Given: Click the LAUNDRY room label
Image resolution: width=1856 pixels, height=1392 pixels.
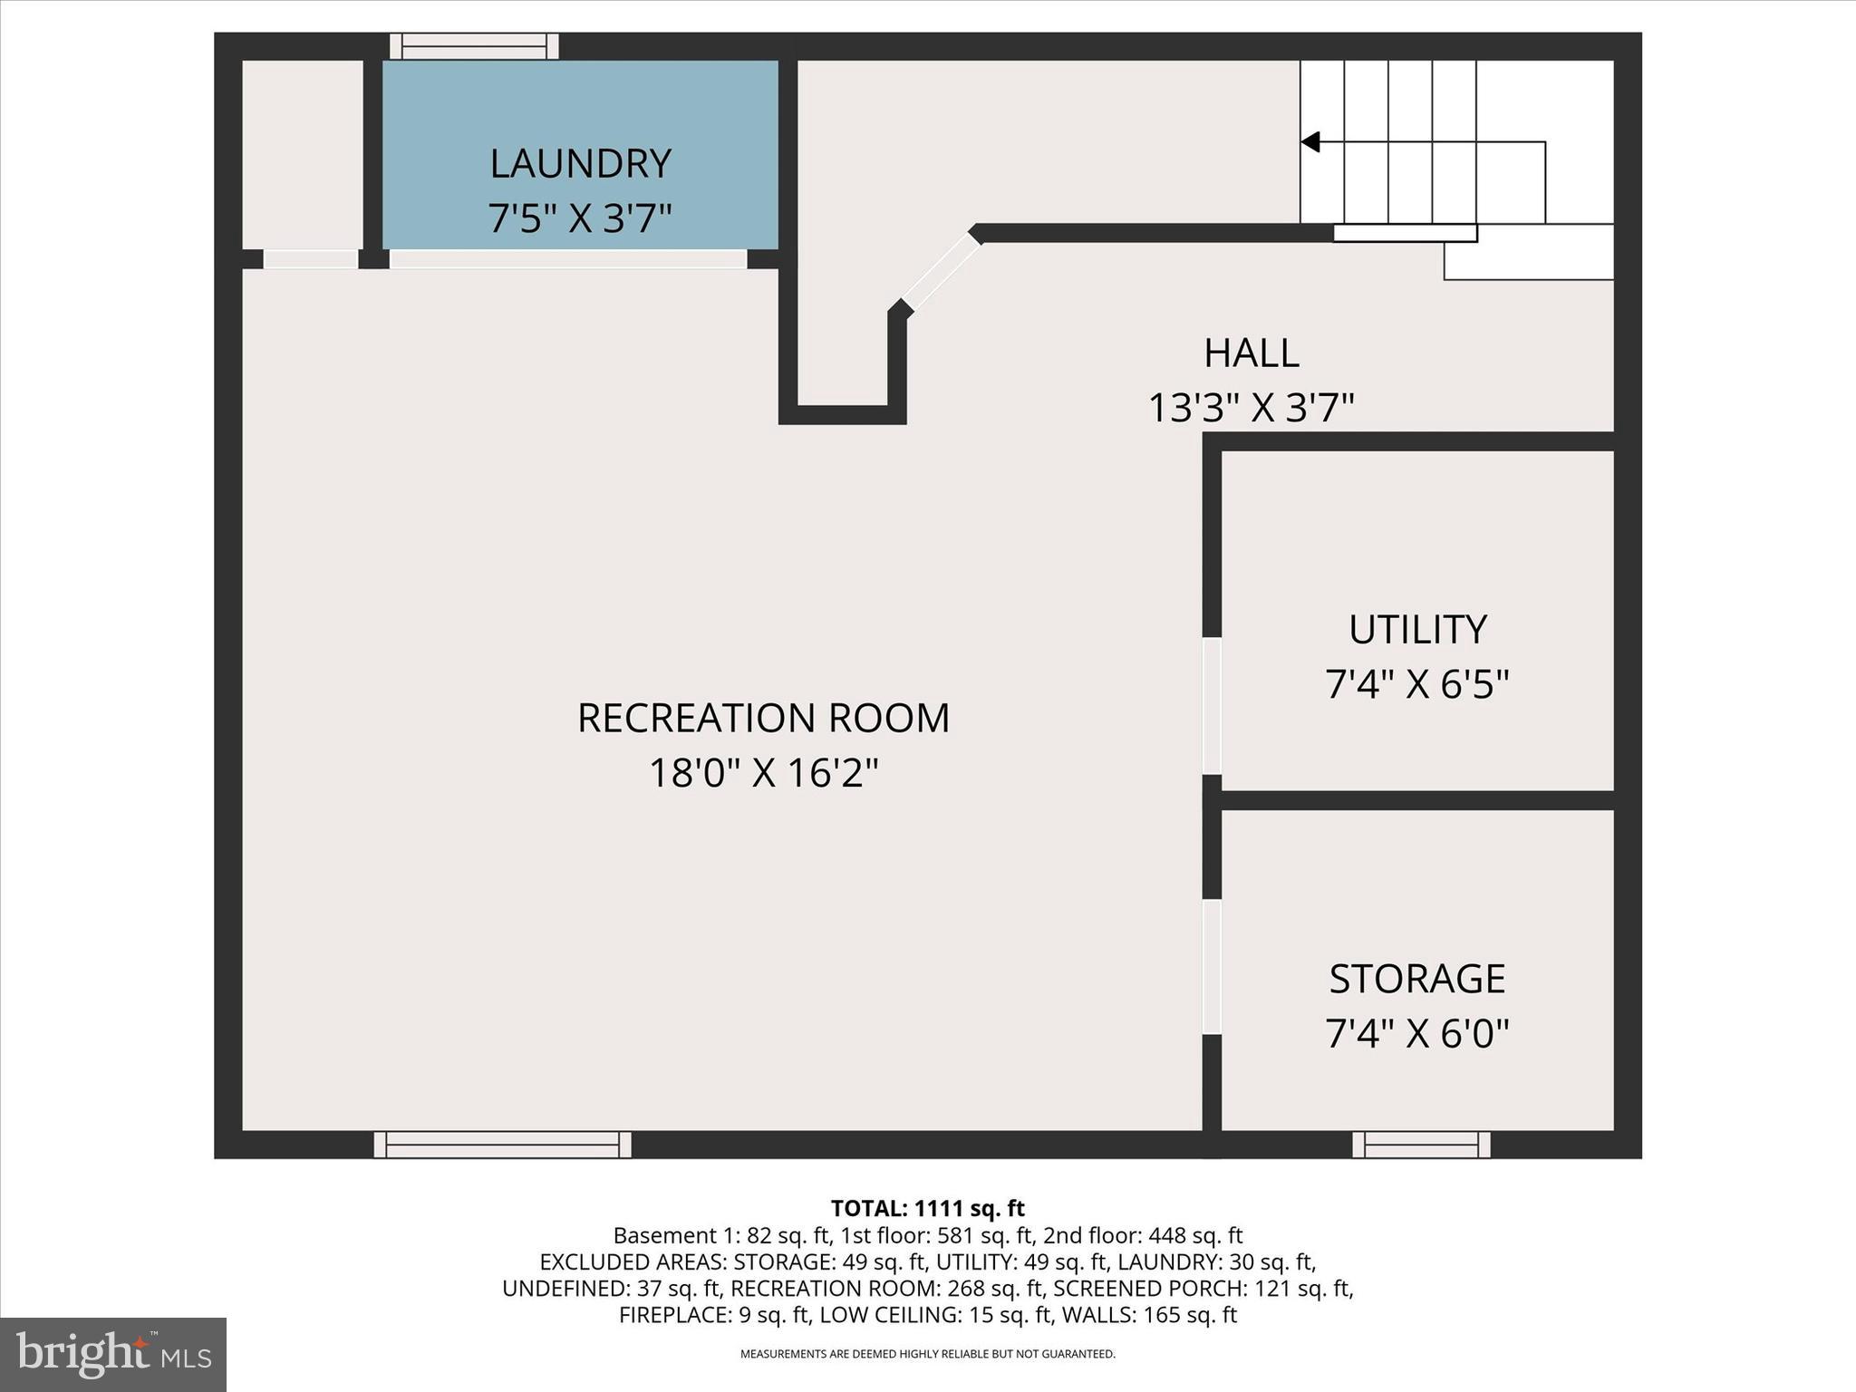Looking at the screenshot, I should [x=580, y=164].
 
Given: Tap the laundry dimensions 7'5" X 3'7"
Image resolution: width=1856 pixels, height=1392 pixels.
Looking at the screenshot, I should [x=580, y=218].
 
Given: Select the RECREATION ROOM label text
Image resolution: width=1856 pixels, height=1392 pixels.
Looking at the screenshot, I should [x=763, y=718].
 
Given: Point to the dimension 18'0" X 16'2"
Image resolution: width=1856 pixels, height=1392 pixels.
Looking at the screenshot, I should [x=763, y=773].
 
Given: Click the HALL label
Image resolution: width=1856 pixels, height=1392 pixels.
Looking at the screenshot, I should [x=1251, y=353].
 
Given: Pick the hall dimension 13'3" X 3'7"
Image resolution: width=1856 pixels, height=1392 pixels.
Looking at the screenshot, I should [x=1251, y=408].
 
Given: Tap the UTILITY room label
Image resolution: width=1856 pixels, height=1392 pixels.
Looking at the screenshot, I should [x=1417, y=629].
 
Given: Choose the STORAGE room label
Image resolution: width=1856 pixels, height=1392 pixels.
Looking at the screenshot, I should [x=1417, y=979].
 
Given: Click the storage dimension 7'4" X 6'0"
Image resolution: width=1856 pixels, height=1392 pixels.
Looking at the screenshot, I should [x=1417, y=1033].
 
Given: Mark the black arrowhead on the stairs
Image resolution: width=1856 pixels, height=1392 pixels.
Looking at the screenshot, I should [x=1310, y=142].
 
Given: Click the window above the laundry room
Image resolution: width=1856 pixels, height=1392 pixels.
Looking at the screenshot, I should [x=474, y=46].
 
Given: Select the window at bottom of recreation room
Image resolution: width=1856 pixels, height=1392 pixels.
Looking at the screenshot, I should [x=503, y=1145].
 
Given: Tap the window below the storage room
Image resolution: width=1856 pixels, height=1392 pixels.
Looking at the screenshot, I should [x=1421, y=1145].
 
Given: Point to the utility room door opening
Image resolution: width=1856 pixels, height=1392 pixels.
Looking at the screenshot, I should [x=1212, y=706].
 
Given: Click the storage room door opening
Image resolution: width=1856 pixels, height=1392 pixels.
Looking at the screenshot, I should [x=1212, y=966].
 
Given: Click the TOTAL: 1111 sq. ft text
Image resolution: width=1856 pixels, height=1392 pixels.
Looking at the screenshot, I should [x=927, y=1208].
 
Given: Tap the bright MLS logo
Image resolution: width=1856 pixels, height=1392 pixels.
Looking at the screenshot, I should [x=113, y=1354].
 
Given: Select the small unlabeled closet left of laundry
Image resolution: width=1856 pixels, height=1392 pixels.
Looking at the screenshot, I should [x=303, y=154].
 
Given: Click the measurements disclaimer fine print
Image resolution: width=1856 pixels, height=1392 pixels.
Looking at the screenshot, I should [x=927, y=1354].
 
